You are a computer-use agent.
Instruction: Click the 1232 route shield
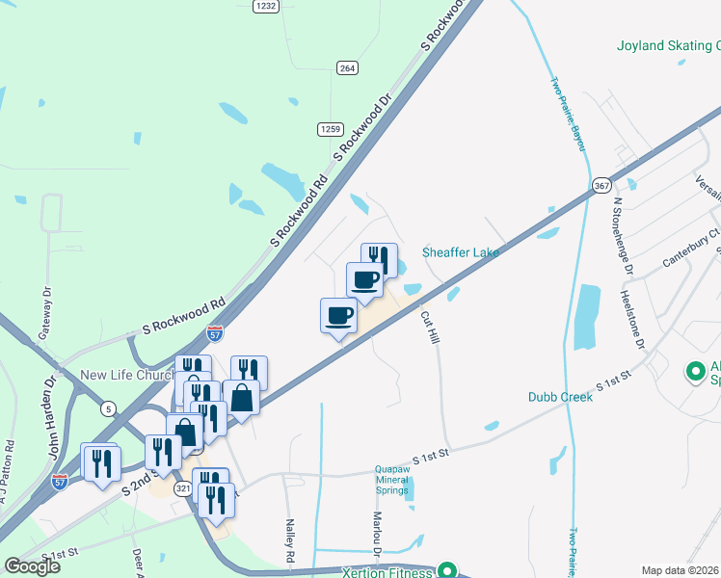point(266,6)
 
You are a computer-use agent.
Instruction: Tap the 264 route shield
point(347,67)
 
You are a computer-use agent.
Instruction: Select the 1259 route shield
point(331,128)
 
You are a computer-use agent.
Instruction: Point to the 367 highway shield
point(601,184)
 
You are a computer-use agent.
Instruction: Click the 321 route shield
point(183,489)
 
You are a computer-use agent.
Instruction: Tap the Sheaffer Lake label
point(461,252)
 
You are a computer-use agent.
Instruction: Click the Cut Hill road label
point(430,327)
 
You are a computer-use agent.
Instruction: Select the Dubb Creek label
point(560,396)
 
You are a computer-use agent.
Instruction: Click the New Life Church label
point(127,376)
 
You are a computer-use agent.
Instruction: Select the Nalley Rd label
point(288,542)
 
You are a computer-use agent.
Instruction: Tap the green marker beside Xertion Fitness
point(445,569)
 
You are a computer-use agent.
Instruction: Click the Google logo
point(31,565)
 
